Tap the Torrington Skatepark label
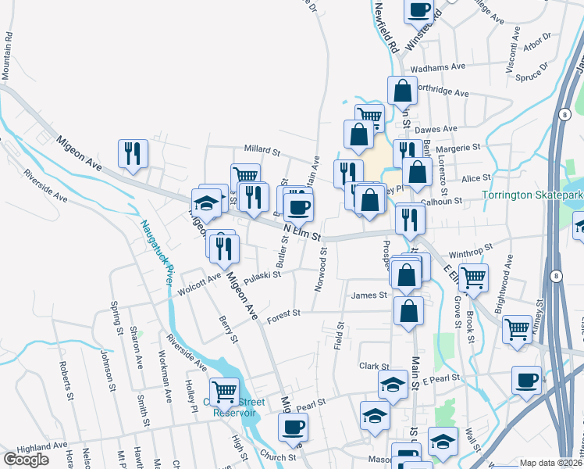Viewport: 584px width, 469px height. click(x=532, y=195)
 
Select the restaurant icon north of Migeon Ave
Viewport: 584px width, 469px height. click(x=133, y=153)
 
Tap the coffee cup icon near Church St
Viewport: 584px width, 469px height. click(x=293, y=428)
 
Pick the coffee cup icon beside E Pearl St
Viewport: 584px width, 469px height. click(x=526, y=381)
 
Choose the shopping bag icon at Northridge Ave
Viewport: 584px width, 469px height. click(x=401, y=91)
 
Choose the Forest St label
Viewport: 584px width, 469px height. click(x=283, y=314)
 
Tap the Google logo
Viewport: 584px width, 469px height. click(x=26, y=459)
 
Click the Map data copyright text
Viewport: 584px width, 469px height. click(x=551, y=463)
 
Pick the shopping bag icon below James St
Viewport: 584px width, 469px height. click(x=408, y=311)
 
